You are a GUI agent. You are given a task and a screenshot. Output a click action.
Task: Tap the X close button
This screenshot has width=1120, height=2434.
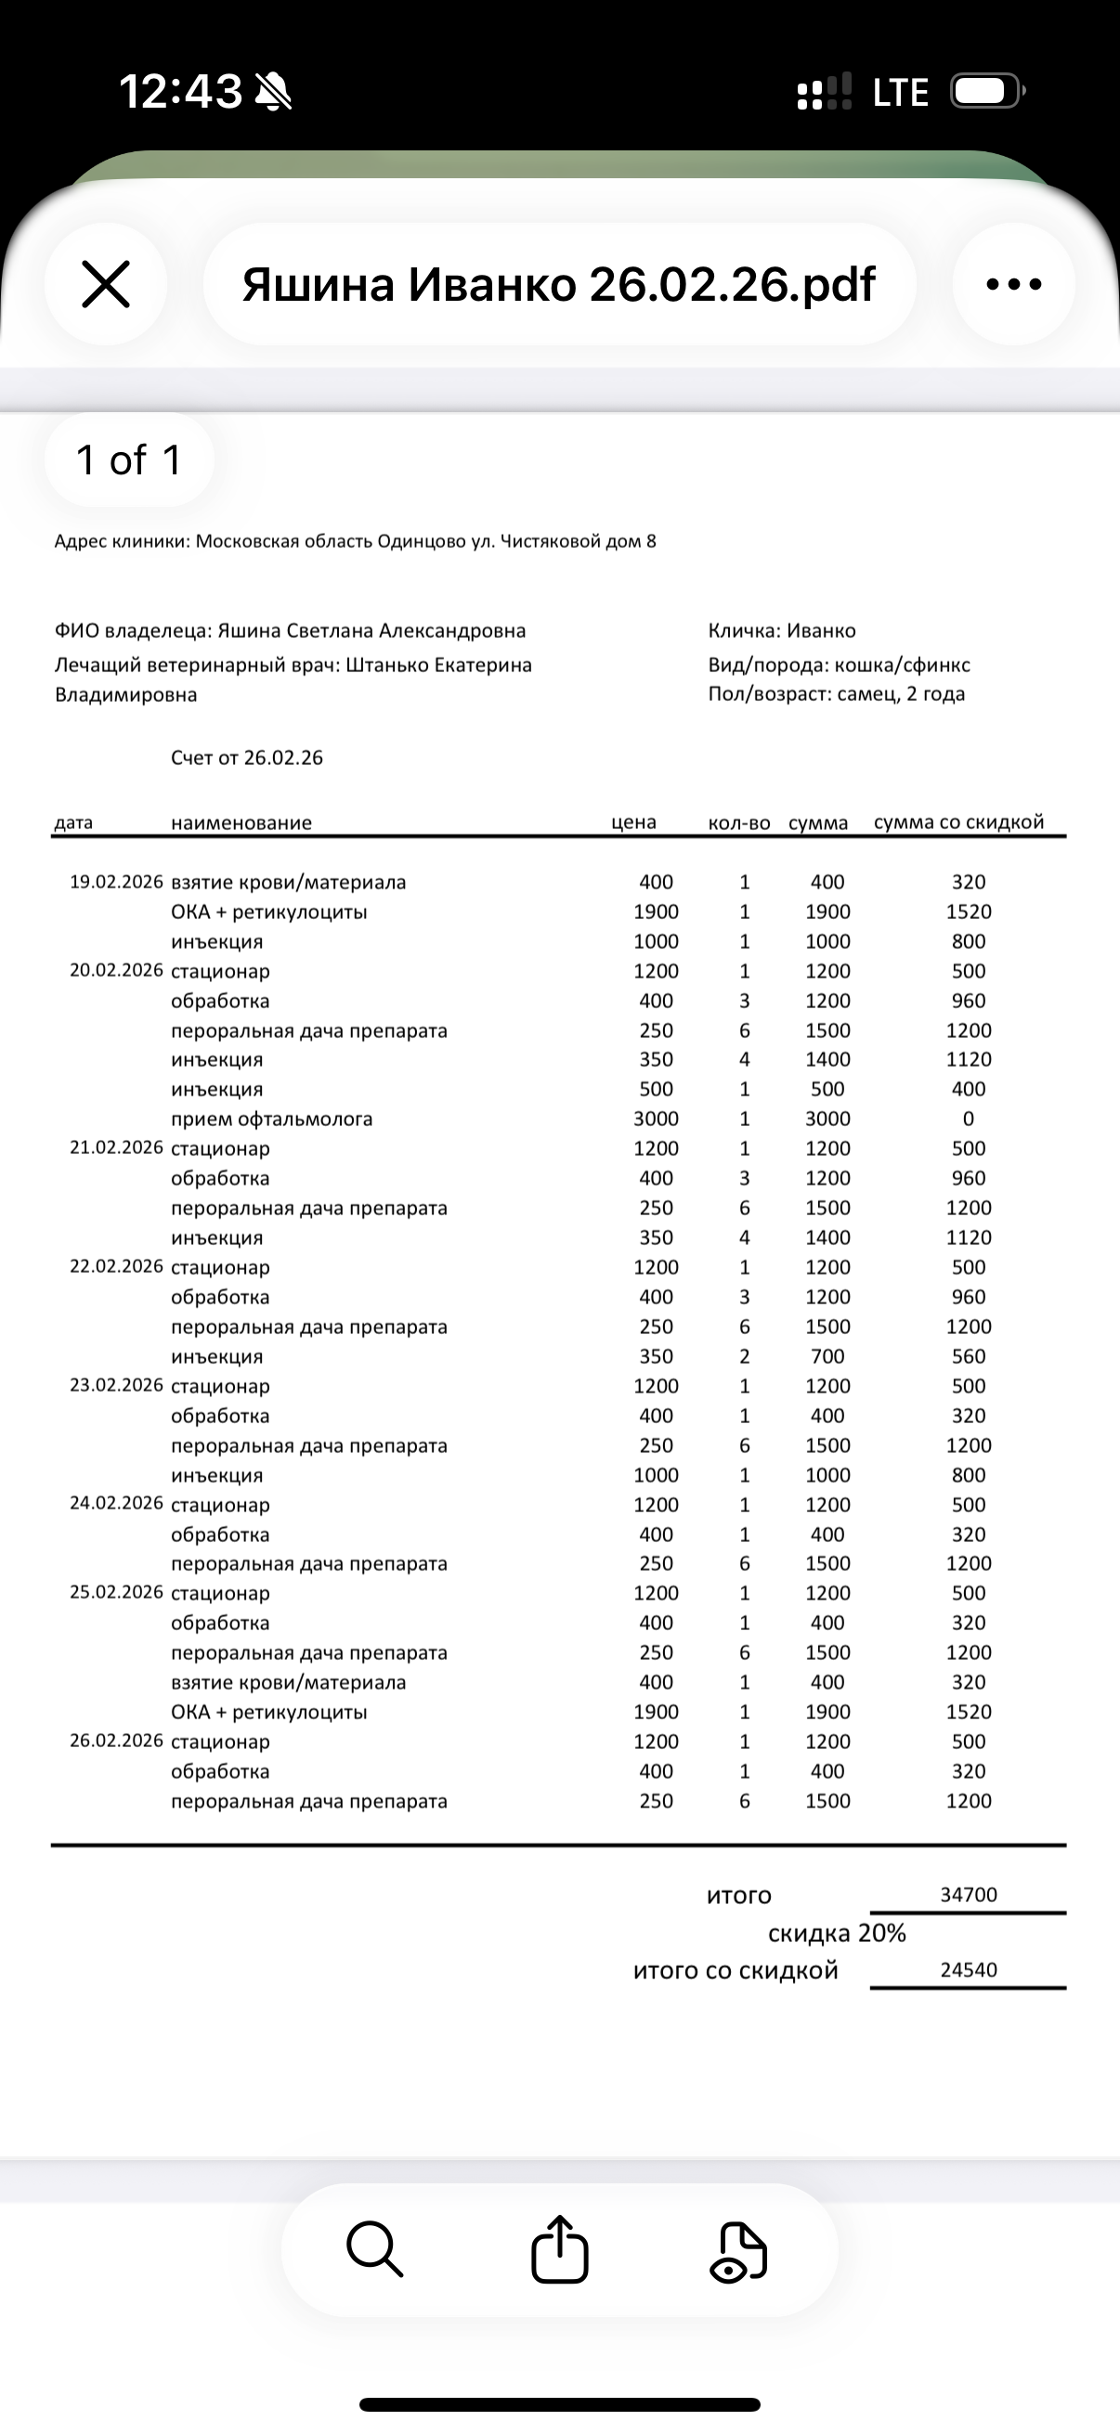(x=106, y=284)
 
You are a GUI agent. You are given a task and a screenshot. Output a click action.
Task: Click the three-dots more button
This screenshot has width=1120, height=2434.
(x=1013, y=284)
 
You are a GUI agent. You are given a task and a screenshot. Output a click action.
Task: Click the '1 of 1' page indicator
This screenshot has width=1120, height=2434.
(x=128, y=460)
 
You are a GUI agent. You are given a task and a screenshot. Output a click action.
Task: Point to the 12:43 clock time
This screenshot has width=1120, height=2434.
(x=179, y=92)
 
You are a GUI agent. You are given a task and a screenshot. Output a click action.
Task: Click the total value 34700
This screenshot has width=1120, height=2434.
(x=968, y=1894)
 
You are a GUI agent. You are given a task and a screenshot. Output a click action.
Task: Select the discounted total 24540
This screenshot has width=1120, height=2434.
(x=968, y=1969)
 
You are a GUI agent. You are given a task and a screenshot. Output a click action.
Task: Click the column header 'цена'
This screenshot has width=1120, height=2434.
(x=633, y=822)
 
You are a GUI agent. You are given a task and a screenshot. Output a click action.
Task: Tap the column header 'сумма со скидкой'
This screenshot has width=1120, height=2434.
(x=958, y=822)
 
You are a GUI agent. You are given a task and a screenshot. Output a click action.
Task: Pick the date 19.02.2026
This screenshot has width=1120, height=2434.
(x=116, y=882)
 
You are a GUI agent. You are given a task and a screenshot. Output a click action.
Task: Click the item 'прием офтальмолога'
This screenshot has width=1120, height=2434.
(x=271, y=1119)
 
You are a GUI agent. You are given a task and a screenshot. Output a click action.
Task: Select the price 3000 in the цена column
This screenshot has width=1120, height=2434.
(x=656, y=1119)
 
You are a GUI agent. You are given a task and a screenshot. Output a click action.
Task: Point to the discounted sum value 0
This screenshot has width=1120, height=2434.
(x=968, y=1119)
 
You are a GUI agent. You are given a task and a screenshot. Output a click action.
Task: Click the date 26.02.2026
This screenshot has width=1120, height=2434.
(x=116, y=1741)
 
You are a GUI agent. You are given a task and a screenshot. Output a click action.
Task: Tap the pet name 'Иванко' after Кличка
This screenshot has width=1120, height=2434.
(x=821, y=630)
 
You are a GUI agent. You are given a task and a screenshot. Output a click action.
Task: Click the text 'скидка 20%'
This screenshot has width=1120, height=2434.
(x=837, y=1934)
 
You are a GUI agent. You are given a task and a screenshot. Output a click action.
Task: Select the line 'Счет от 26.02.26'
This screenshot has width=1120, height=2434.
(x=247, y=757)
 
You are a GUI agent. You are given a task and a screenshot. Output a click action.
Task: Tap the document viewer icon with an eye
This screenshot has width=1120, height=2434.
(x=738, y=2252)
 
